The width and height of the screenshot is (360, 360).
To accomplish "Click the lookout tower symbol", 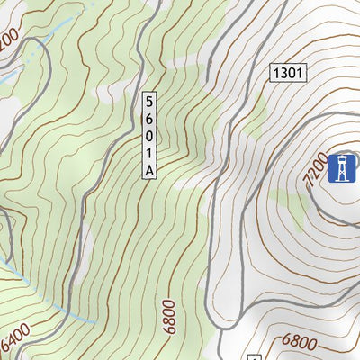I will click(342, 168).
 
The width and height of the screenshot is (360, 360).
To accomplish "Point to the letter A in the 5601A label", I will click(149, 168).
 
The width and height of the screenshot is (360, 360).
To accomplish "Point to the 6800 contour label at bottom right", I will click(299, 342).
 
